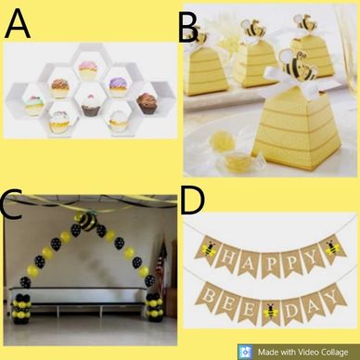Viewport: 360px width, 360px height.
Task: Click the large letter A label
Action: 18,23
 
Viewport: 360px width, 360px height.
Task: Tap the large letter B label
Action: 188,29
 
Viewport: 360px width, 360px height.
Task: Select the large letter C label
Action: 12,205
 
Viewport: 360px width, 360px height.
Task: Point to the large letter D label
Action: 193,200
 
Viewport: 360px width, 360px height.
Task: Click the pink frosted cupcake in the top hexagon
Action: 88,71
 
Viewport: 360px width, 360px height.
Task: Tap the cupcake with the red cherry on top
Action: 91,106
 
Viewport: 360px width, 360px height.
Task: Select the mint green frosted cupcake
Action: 34,105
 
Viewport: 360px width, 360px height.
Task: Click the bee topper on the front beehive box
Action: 296,64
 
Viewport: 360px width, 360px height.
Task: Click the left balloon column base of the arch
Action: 21,308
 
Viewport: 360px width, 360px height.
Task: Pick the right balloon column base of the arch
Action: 155,307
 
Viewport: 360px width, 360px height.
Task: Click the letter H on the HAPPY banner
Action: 228,256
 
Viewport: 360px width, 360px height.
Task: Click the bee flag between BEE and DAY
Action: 271,311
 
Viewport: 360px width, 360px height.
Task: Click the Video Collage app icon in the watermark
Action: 246,352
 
